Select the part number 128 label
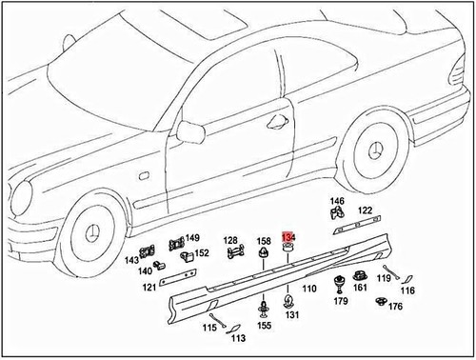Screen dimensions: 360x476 (x=230, y=239)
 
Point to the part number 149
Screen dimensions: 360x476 (x=192, y=238)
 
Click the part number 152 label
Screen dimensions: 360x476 (x=203, y=253)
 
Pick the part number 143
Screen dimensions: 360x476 (x=132, y=259)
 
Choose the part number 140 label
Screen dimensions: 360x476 (x=144, y=270)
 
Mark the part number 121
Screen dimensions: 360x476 (x=149, y=287)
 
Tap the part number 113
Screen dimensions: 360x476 (x=238, y=337)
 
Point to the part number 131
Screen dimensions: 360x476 (x=292, y=315)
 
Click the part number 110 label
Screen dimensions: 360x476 (x=310, y=289)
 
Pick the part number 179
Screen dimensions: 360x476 (x=341, y=302)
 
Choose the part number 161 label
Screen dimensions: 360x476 (x=361, y=288)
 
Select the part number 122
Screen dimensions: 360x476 (x=366, y=210)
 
